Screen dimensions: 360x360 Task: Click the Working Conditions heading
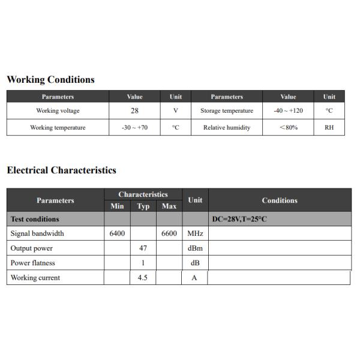[x=50, y=80]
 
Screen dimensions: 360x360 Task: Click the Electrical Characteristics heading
[x=61, y=170]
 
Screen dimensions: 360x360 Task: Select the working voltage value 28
[x=134, y=111]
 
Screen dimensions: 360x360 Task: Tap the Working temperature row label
[x=58, y=128]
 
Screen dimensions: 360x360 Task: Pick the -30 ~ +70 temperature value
[x=134, y=128]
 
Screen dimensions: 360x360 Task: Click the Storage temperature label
[x=227, y=111]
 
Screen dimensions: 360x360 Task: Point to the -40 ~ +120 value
[x=288, y=111]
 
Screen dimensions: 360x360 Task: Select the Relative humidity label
[x=227, y=128]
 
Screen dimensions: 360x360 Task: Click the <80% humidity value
[x=288, y=128]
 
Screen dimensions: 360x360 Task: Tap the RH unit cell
[x=329, y=128]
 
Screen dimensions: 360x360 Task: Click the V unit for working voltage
[x=176, y=111]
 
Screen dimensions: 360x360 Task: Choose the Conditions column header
[x=280, y=200]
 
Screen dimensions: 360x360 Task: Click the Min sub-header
[x=117, y=206]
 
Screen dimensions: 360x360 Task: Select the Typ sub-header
[x=143, y=206]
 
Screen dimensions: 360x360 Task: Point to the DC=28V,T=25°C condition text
[x=239, y=219]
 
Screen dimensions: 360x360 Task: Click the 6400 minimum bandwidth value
[x=117, y=233]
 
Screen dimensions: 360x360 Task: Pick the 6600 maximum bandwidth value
[x=169, y=233]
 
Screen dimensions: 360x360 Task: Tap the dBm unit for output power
[x=195, y=248]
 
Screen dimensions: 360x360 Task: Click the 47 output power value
[x=143, y=248]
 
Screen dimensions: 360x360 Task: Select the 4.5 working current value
[x=143, y=278]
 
